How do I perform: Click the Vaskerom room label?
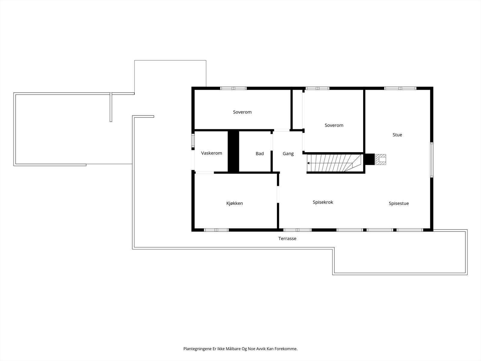(212, 153)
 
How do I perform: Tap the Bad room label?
(260, 154)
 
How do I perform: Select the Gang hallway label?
(288, 154)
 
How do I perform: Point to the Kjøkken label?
(234, 203)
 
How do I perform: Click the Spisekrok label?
(323, 202)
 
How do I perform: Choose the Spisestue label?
(399, 203)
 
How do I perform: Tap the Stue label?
(397, 135)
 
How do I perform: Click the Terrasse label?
(287, 239)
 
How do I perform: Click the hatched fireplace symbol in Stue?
(381, 159)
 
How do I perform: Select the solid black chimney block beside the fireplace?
(369, 159)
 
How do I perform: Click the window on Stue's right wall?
(432, 159)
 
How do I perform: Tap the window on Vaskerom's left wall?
(193, 141)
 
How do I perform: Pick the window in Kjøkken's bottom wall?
(216, 230)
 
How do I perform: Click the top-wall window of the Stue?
(400, 88)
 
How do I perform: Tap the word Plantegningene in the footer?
(197, 349)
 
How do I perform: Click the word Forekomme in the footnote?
(287, 349)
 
